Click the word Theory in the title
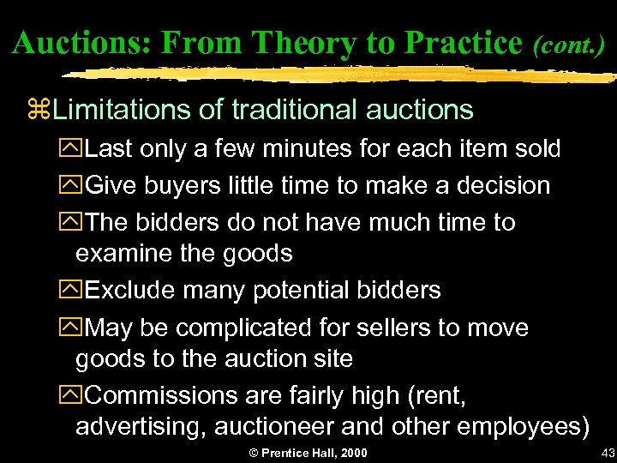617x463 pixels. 294,41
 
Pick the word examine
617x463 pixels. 125,254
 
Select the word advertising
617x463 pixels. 141,426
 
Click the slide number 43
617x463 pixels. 608,453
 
